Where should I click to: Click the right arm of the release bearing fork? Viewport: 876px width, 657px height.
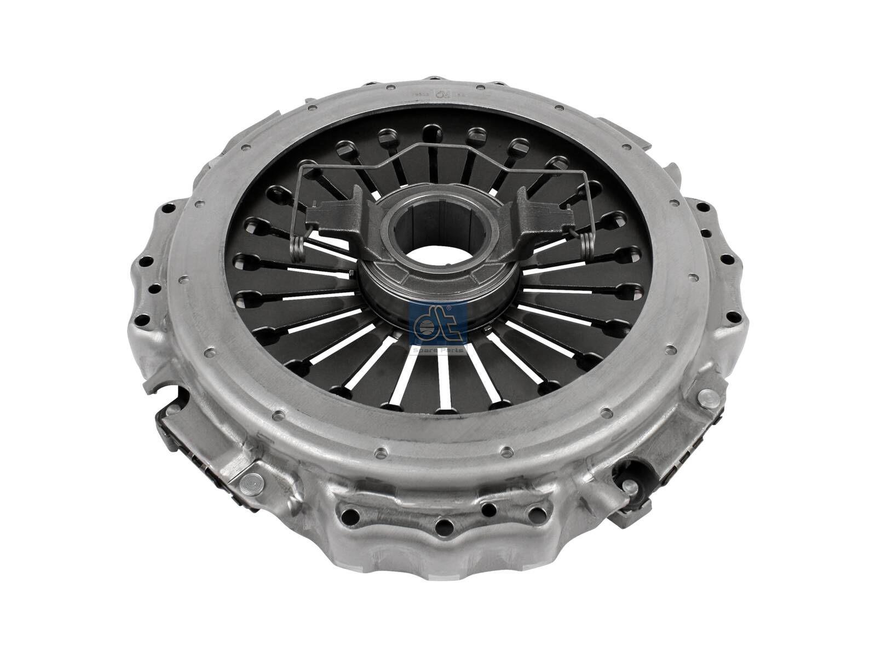534,216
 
